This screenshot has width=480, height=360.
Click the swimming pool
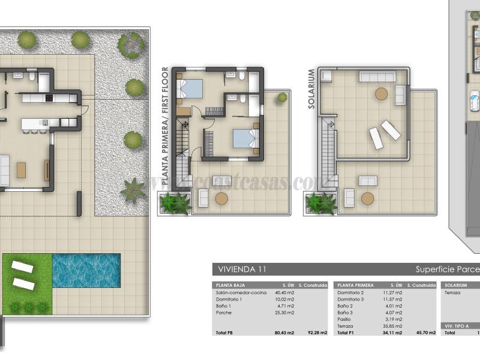86,270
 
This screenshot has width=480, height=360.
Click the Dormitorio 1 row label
229,299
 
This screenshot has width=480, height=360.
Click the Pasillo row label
344,319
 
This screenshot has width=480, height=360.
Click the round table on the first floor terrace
221,198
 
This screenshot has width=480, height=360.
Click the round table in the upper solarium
381,94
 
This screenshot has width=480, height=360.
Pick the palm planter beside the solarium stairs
320,203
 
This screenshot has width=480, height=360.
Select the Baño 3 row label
344,313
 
